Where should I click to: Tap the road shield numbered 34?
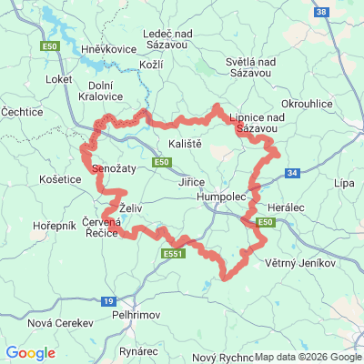[291, 172]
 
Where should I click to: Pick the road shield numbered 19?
[108, 300]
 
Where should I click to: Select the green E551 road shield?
[173, 254]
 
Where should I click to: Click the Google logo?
[30, 353]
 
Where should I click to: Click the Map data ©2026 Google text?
[308, 357]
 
